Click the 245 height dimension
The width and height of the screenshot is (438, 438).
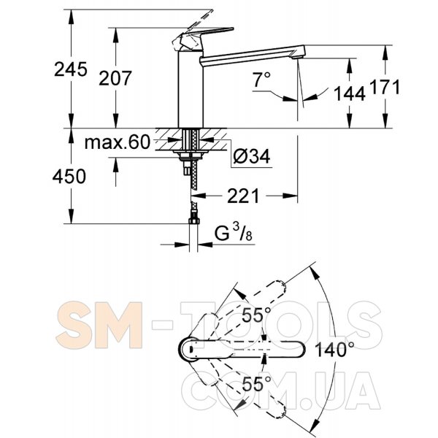click(x=71, y=69)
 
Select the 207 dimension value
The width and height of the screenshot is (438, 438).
click(x=115, y=78)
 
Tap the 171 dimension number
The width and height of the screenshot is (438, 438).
click(x=385, y=87)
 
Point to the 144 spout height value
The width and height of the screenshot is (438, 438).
click(x=350, y=93)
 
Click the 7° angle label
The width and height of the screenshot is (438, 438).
click(x=262, y=80)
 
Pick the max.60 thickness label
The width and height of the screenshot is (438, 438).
click(x=118, y=142)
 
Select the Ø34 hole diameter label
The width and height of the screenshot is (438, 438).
click(x=252, y=156)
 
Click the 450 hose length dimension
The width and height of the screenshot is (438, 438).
click(x=69, y=177)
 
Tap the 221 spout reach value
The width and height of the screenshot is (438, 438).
click(x=243, y=196)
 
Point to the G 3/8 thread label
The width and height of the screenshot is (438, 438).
click(x=234, y=234)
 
